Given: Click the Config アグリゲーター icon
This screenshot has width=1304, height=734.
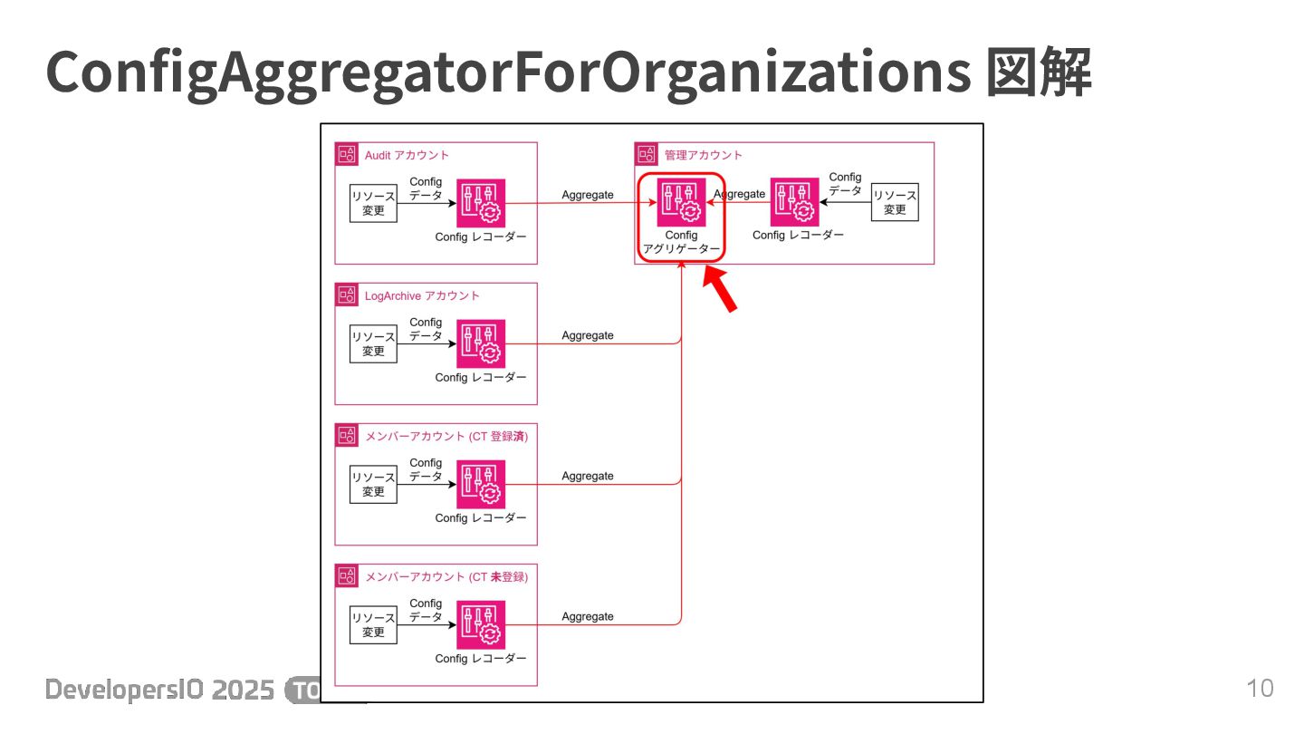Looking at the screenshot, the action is tap(681, 203).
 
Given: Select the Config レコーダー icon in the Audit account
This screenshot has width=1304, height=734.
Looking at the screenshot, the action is tap(481, 203).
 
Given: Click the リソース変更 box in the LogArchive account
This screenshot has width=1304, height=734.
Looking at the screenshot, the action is tap(373, 343).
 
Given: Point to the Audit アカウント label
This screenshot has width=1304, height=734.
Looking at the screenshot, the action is tap(407, 155).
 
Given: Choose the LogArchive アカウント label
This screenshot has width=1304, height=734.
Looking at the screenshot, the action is tap(422, 295).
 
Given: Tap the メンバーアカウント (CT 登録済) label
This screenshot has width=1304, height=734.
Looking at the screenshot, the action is tap(446, 436).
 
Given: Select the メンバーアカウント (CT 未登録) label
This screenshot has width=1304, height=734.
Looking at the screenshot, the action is tap(446, 576).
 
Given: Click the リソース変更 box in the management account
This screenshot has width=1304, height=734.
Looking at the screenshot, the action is tap(895, 203).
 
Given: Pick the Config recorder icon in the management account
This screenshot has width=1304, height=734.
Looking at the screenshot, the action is tap(795, 203).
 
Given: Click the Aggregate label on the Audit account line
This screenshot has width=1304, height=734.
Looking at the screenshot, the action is tap(588, 195).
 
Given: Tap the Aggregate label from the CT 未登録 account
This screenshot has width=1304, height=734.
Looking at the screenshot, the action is tap(588, 616).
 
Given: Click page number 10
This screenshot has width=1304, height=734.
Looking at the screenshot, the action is tap(1260, 688).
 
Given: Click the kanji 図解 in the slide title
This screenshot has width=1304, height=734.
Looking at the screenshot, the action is tap(1038, 72).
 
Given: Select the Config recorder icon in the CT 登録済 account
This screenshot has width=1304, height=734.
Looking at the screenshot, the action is tap(481, 484).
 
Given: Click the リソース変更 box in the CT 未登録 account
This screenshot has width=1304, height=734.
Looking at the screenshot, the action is tap(373, 624).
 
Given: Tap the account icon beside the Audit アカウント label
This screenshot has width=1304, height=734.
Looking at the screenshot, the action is tap(347, 154).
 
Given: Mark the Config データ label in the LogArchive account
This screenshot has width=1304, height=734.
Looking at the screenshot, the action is tap(426, 328).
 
